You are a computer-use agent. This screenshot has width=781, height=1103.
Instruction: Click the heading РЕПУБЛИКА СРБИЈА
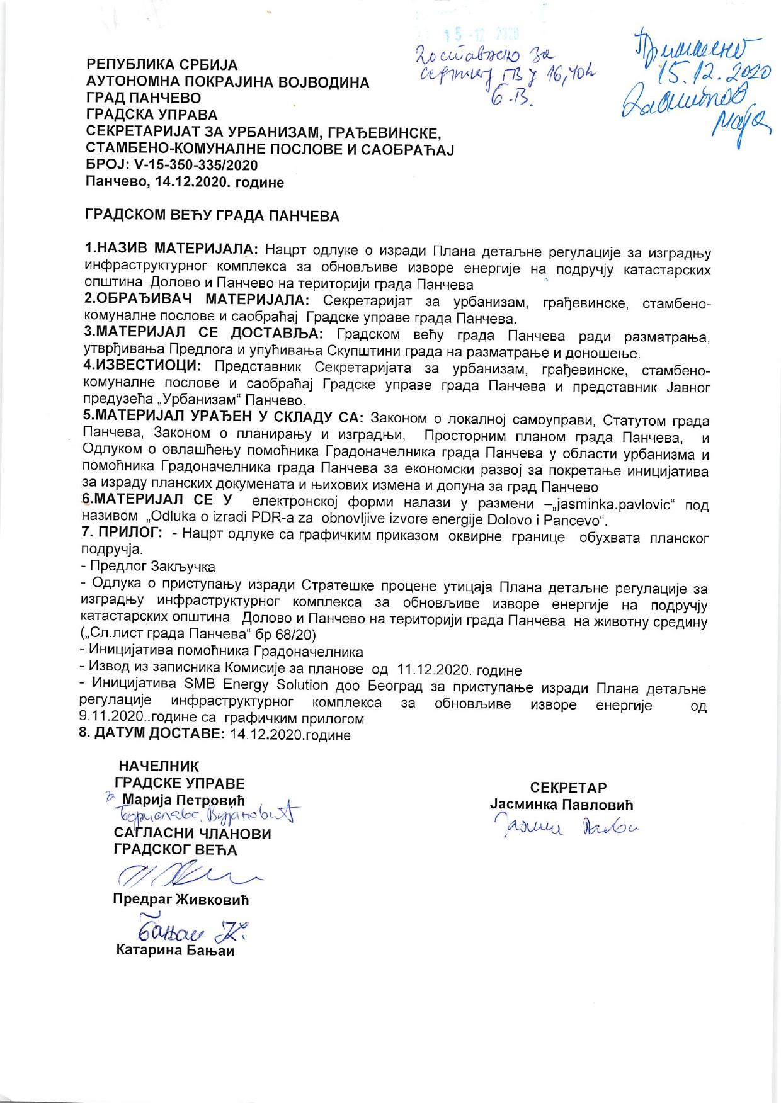pyautogui.click(x=162, y=65)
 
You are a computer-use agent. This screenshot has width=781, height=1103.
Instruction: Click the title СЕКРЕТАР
pyautogui.click(x=568, y=788)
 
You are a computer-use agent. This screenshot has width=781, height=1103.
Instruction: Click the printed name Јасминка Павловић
pyautogui.click(x=562, y=805)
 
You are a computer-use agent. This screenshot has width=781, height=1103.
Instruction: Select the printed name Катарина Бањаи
pyautogui.click(x=175, y=951)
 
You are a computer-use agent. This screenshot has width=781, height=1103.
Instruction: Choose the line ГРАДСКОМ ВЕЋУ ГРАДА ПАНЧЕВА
pyautogui.click(x=212, y=216)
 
